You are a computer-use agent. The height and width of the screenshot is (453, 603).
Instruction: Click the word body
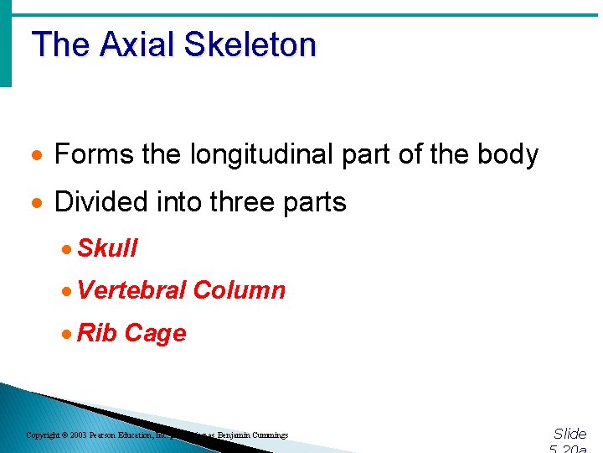click(x=509, y=154)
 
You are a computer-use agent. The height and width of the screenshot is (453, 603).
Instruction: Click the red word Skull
click(x=107, y=248)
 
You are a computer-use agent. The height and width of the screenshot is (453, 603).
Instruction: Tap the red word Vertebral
click(x=131, y=290)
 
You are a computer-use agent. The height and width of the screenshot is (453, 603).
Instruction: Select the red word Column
click(x=239, y=290)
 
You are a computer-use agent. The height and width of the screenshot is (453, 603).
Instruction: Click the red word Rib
click(x=97, y=333)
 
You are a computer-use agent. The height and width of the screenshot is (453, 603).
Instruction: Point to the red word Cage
click(x=155, y=333)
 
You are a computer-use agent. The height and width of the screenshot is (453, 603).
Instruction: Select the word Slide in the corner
click(x=569, y=434)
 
